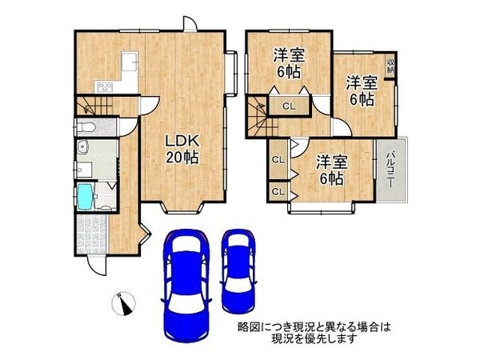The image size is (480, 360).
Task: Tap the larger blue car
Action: point(185,284)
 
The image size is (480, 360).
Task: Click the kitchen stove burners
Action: point(104,87)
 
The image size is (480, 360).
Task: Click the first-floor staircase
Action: point(94,105)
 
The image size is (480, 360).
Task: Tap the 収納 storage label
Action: point(390,66)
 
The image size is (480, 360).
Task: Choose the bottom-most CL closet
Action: point(278,192)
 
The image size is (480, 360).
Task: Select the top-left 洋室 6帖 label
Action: point(286,63)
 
